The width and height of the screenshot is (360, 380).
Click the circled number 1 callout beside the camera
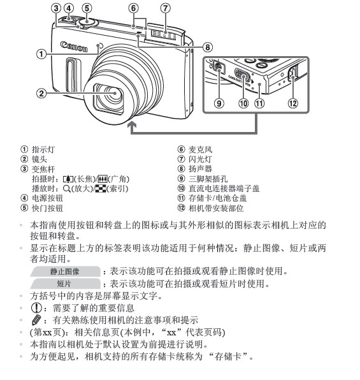pos(41,55)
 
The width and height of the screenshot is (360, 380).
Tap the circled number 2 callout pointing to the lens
pos(41,94)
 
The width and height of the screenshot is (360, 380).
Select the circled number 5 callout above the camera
pos(87,8)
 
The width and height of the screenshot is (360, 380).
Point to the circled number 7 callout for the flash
pos(165,8)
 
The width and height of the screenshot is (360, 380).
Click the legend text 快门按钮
pos(45,208)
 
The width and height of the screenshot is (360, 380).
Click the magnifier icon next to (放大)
pos(67,189)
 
